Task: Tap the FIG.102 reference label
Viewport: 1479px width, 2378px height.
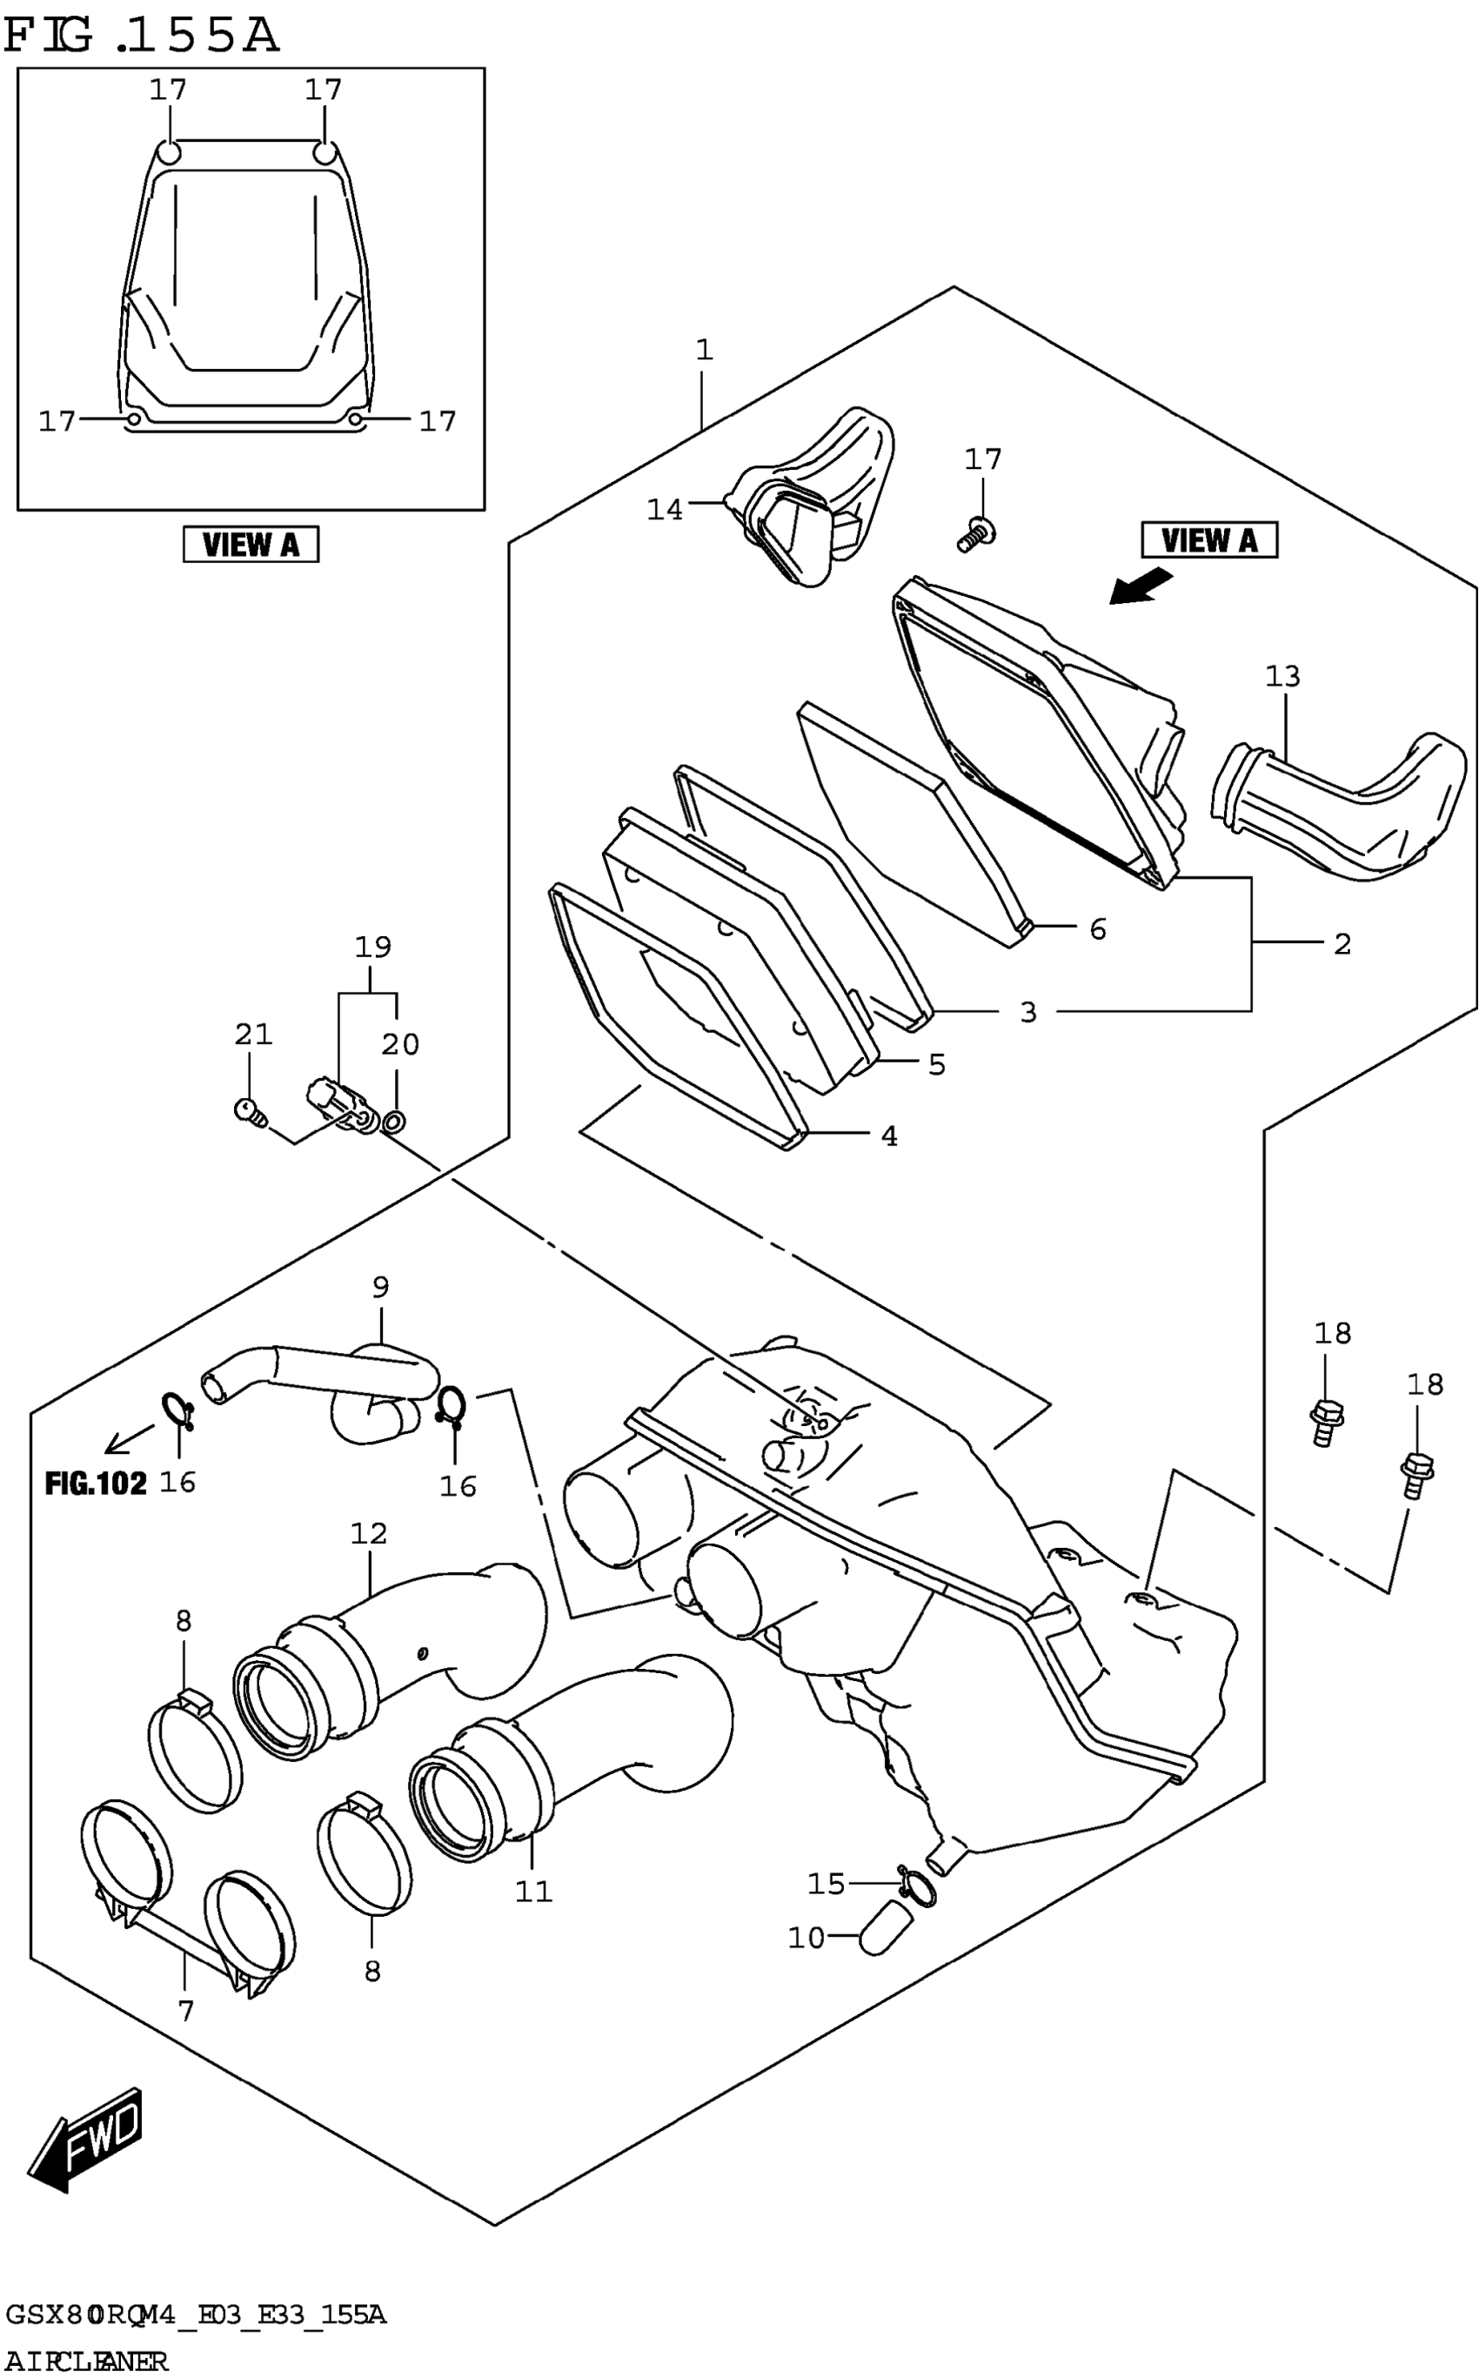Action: click(x=95, y=1484)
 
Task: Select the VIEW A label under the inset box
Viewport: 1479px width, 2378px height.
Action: click(x=251, y=544)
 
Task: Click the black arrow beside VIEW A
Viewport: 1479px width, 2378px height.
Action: click(x=1140, y=588)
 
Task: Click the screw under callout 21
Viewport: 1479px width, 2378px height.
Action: click(x=251, y=1110)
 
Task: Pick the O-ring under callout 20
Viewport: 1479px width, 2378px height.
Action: click(x=394, y=1121)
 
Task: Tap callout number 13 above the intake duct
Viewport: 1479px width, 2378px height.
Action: click(x=1282, y=676)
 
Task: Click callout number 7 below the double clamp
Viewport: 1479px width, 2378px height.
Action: click(x=186, y=2010)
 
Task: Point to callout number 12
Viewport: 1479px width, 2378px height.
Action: click(x=369, y=1533)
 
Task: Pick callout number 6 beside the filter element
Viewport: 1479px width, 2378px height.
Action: click(x=1098, y=929)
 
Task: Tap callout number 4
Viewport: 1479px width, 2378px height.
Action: click(x=888, y=1135)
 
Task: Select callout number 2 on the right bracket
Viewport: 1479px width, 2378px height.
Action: click(x=1342, y=944)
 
